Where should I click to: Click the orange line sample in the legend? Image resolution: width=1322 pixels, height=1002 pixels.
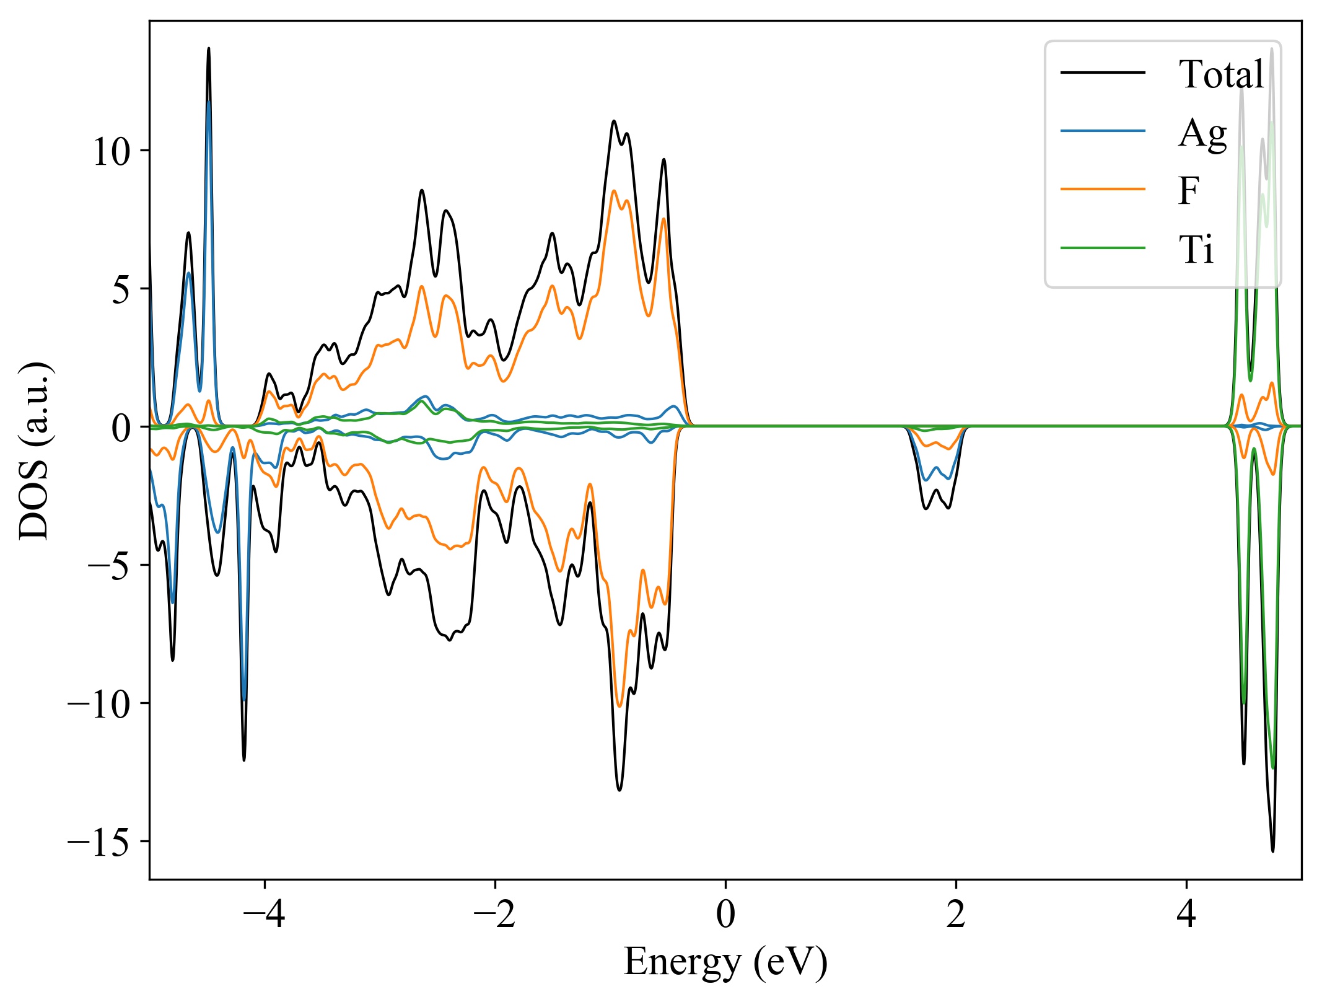pyautogui.click(x=1103, y=188)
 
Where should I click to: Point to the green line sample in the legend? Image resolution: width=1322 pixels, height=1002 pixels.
pyautogui.click(x=1103, y=248)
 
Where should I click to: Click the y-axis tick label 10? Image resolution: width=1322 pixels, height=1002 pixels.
pyautogui.click(x=112, y=151)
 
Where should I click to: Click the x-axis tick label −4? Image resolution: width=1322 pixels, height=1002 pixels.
pyautogui.click(x=265, y=914)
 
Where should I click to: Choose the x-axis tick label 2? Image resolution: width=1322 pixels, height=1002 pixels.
pyautogui.click(x=956, y=914)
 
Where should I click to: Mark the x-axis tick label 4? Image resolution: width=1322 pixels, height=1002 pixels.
pyautogui.click(x=1186, y=914)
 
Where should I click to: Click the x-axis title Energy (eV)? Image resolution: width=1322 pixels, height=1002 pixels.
pyautogui.click(x=725, y=962)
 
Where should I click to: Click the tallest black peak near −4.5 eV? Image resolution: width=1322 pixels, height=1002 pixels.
pyautogui.click(x=209, y=48)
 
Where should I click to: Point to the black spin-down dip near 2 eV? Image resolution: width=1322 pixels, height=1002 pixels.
pyautogui.click(x=948, y=508)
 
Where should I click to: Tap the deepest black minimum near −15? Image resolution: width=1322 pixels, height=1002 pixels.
pyautogui.click(x=1272, y=851)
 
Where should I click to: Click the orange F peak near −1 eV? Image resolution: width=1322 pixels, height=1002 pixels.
pyautogui.click(x=614, y=191)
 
